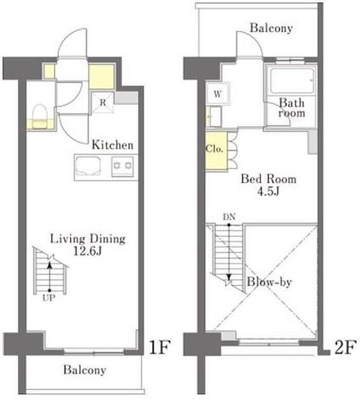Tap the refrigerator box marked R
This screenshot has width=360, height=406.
point(103,102)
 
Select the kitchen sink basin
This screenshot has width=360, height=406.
point(87,166)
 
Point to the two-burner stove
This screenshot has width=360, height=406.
point(122,167)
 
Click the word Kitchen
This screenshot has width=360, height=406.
point(113,145)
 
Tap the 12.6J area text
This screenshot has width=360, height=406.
point(87,251)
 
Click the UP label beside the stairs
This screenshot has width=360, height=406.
point(49,298)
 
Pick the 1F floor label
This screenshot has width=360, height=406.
point(159,347)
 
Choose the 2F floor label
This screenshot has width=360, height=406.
point(345,347)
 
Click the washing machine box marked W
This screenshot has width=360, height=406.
point(218,94)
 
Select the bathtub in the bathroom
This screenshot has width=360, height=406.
point(292,80)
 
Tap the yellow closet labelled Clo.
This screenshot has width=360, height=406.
point(216,151)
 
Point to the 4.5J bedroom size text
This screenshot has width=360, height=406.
point(268,191)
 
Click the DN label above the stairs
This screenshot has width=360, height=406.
point(229,217)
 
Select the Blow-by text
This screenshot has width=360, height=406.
point(269,282)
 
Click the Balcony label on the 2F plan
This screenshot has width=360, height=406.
point(271,28)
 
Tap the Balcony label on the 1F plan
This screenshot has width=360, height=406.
point(85,370)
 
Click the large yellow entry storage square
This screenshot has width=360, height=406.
point(101,77)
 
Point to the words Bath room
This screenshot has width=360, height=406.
point(292,108)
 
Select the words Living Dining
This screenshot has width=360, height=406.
point(87,239)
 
